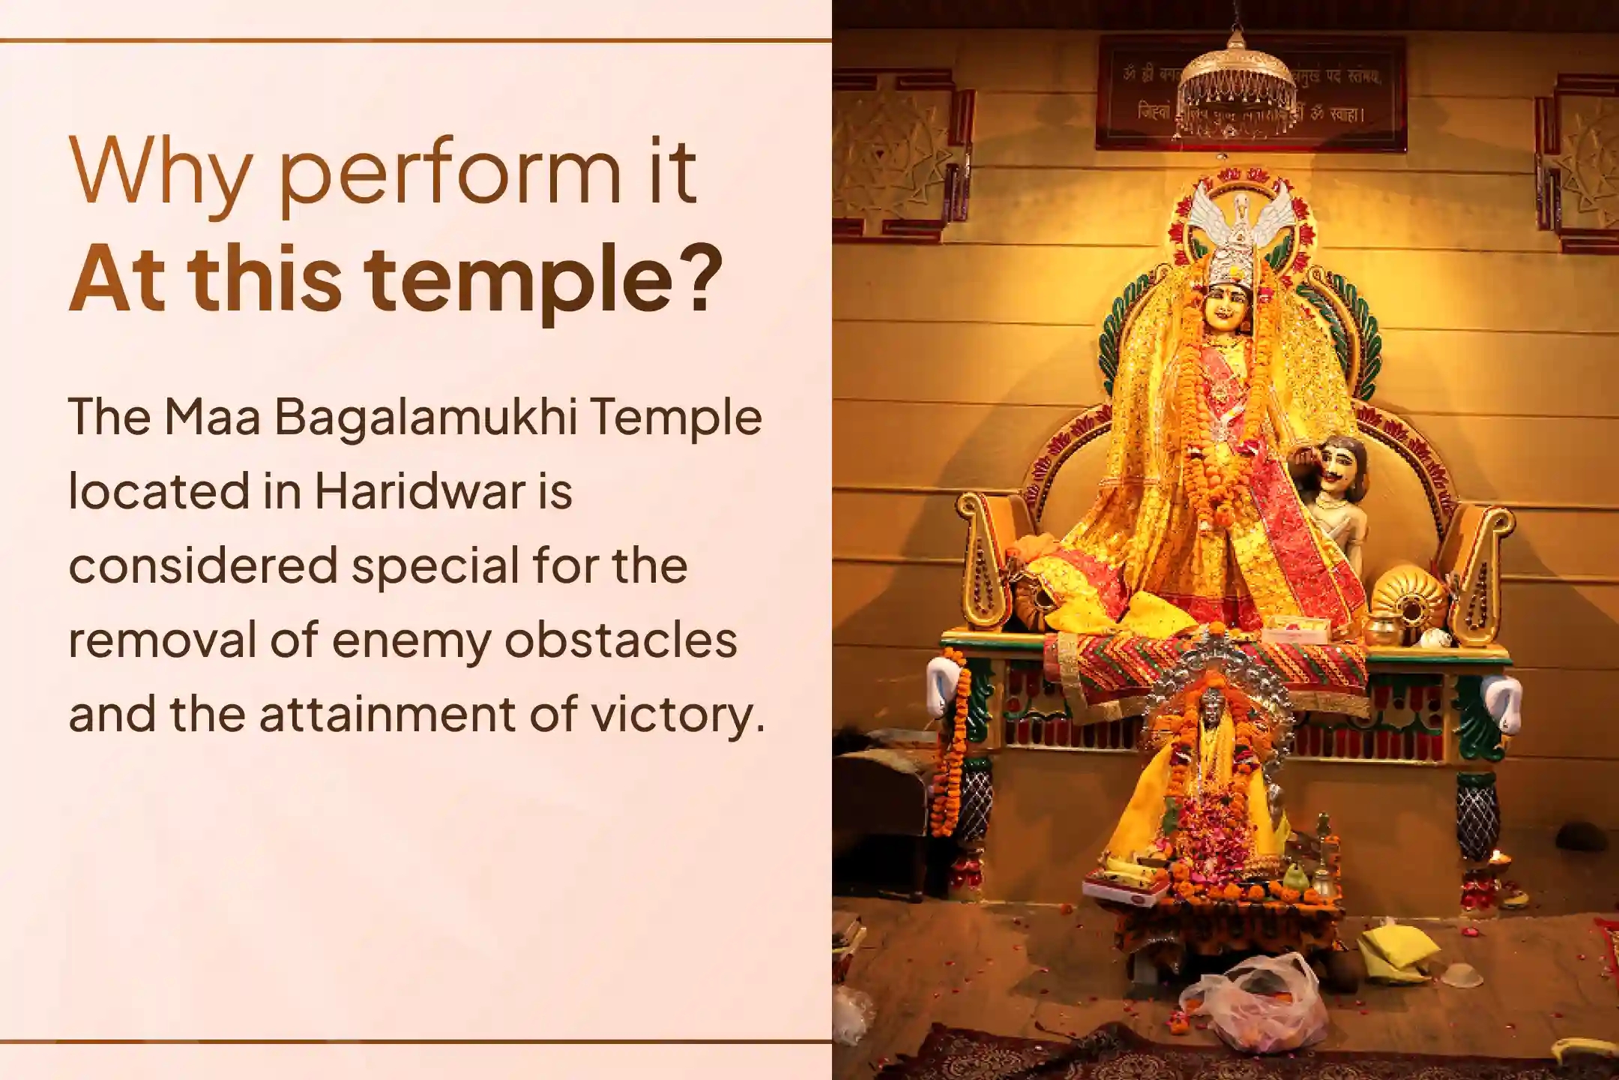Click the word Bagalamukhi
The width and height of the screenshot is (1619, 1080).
(x=426, y=418)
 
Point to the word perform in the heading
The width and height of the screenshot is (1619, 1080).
(x=450, y=174)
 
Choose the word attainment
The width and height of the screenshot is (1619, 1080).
(x=387, y=714)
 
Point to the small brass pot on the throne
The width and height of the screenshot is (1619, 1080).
(x=1384, y=630)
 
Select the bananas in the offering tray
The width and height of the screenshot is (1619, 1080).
(x=1124, y=874)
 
